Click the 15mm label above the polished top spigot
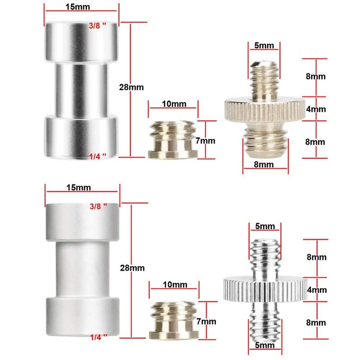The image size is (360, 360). tap(77, 7)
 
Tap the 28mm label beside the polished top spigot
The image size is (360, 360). tap(131, 87)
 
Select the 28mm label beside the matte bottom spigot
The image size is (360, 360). tap(132, 268)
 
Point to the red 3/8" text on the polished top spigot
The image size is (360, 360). tap(98, 26)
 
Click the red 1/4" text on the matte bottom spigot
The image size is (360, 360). tap(99, 337)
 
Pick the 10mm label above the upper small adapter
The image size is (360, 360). tap(174, 104)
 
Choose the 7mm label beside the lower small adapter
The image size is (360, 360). tap(206, 321)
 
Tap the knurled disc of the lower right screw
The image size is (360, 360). tap(265, 289)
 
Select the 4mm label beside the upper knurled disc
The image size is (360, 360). tap(316, 109)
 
